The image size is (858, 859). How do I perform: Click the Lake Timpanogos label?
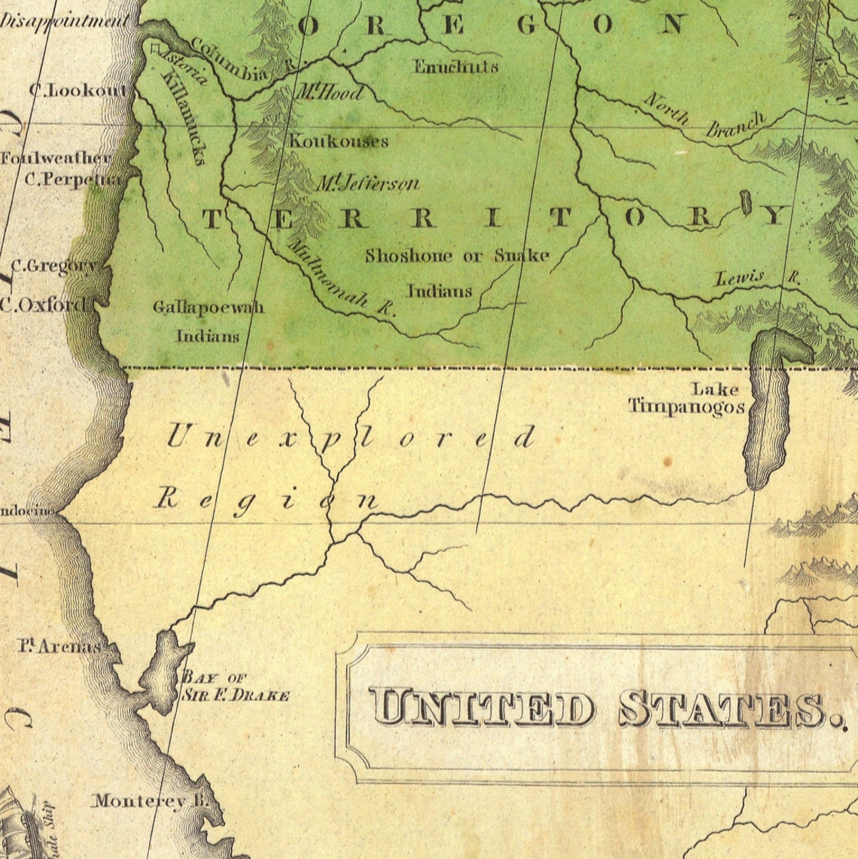tap(686, 399)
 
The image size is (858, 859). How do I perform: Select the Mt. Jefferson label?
tap(366, 183)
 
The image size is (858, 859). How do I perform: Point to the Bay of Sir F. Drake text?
tap(235, 687)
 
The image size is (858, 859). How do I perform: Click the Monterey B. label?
tap(150, 801)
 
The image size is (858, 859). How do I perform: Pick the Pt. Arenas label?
tap(59, 646)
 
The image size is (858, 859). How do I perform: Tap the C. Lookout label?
tap(78, 90)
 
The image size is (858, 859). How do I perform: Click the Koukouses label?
tap(339, 141)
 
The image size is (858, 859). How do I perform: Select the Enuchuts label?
tap(455, 66)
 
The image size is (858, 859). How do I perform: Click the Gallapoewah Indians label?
tap(208, 321)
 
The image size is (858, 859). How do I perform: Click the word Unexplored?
tap(350, 437)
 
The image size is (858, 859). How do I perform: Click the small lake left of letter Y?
tap(746, 203)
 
